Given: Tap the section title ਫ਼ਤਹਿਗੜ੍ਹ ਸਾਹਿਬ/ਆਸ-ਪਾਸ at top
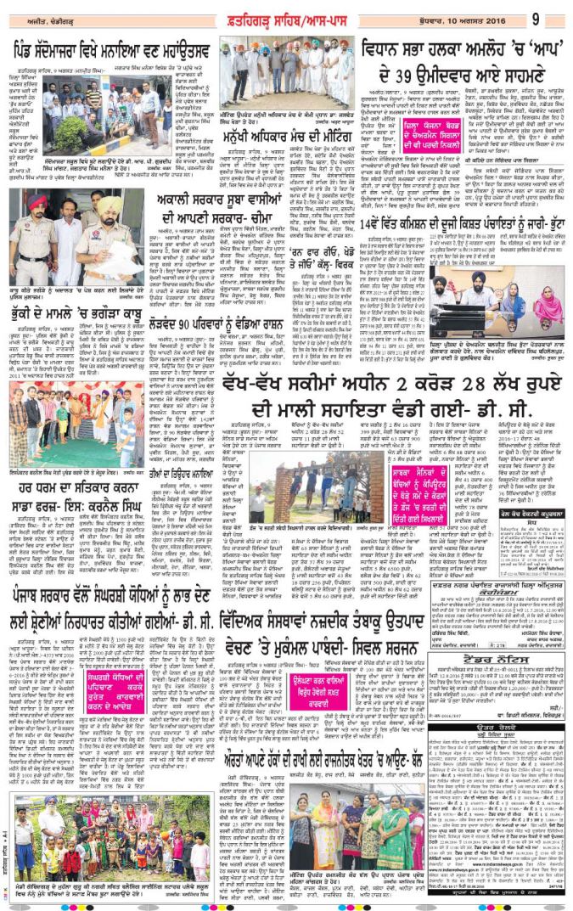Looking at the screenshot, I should (x=289, y=18).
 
